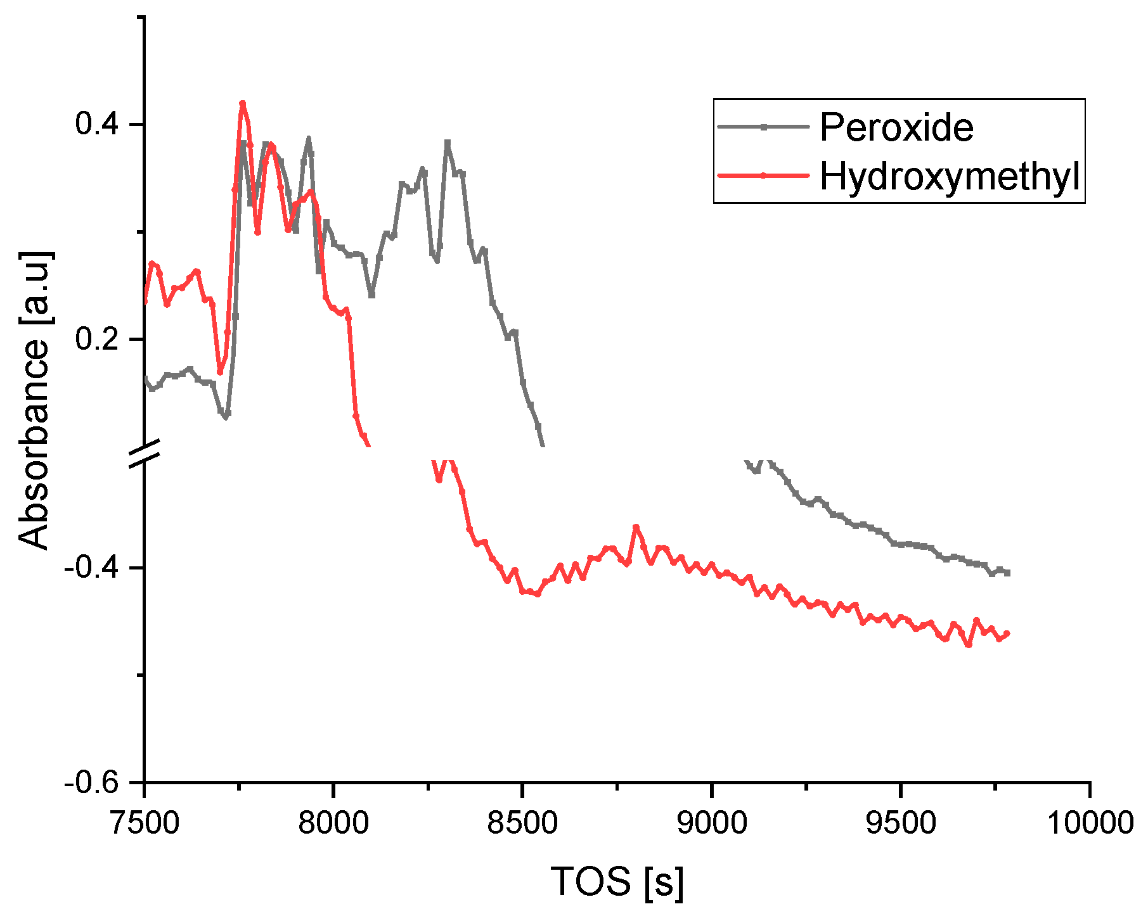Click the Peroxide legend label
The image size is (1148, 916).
896,127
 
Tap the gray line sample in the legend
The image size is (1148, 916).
763,127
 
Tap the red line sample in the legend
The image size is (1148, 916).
763,175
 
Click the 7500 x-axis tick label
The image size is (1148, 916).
145,823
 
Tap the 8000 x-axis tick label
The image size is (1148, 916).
333,823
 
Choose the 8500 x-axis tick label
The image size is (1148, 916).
522,823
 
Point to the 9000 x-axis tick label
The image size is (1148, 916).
712,823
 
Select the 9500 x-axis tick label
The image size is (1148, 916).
901,823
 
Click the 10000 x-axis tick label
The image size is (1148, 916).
1090,823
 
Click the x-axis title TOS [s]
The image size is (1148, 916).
617,881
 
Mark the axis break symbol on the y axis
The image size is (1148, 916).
145,455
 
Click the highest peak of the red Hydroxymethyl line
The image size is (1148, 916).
242,103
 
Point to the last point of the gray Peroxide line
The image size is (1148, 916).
1007,573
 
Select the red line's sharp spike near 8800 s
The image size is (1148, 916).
636,527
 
